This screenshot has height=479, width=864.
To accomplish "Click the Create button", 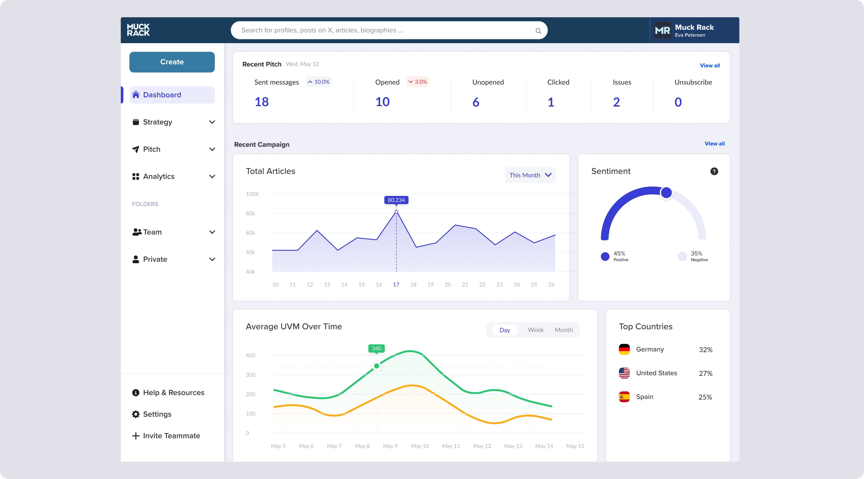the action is pyautogui.click(x=172, y=62).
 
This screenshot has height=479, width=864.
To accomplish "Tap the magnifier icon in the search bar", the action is pyautogui.click(x=538, y=31).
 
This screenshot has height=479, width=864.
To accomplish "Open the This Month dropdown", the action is pyautogui.click(x=530, y=175).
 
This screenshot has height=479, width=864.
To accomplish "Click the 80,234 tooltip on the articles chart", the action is pyautogui.click(x=396, y=200).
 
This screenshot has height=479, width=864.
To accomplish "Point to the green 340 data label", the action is pyautogui.click(x=376, y=348).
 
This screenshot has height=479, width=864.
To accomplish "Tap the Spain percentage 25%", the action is pyautogui.click(x=705, y=397).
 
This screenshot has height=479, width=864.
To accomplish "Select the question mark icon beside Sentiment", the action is pyautogui.click(x=714, y=171).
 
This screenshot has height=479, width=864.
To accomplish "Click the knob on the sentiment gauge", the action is pyautogui.click(x=666, y=192).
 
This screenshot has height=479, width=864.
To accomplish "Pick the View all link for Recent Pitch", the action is pyautogui.click(x=710, y=65).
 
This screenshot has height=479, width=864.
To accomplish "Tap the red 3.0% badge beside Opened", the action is pyautogui.click(x=418, y=82).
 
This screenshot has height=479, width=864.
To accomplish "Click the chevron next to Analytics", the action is pyautogui.click(x=212, y=176).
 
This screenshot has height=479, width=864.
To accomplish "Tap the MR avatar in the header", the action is pyautogui.click(x=662, y=30).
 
